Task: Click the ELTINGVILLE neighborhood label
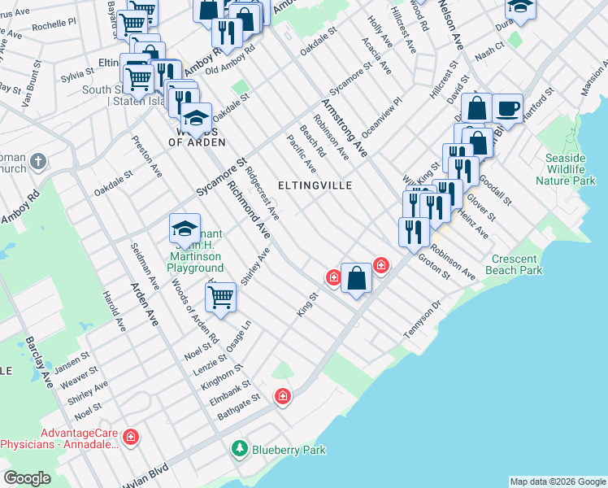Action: [x=315, y=185]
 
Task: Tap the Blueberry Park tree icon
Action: [x=240, y=448]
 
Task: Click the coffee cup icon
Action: [x=507, y=107]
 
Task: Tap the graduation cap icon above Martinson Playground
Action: [x=185, y=229]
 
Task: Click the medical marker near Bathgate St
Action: [x=282, y=396]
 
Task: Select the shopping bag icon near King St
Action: [x=356, y=278]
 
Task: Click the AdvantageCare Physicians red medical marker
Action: [x=131, y=438]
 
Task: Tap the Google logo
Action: [x=28, y=478]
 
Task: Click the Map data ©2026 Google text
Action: [x=556, y=481]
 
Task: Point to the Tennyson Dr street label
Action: [x=421, y=322]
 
